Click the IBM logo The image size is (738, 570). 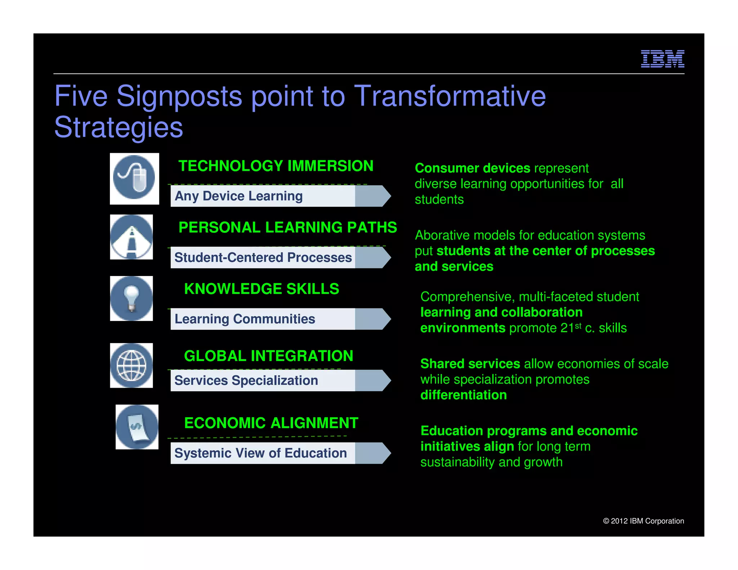point(662,59)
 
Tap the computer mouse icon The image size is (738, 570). point(134,178)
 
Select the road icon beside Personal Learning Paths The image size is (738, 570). point(132,237)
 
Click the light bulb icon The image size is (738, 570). point(132,298)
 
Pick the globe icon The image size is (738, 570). point(132,365)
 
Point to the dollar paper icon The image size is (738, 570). point(137,427)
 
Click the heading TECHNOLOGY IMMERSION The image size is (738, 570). point(276,166)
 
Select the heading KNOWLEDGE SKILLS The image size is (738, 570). point(262,289)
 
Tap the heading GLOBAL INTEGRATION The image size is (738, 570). point(269,356)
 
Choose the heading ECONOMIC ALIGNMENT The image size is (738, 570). point(271,423)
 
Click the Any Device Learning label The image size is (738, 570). point(239,196)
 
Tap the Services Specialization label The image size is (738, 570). point(246,380)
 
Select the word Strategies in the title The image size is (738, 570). point(119,127)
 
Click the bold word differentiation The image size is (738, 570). point(463,395)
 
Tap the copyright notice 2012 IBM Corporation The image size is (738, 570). point(644,521)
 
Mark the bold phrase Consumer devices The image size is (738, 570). point(472,168)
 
